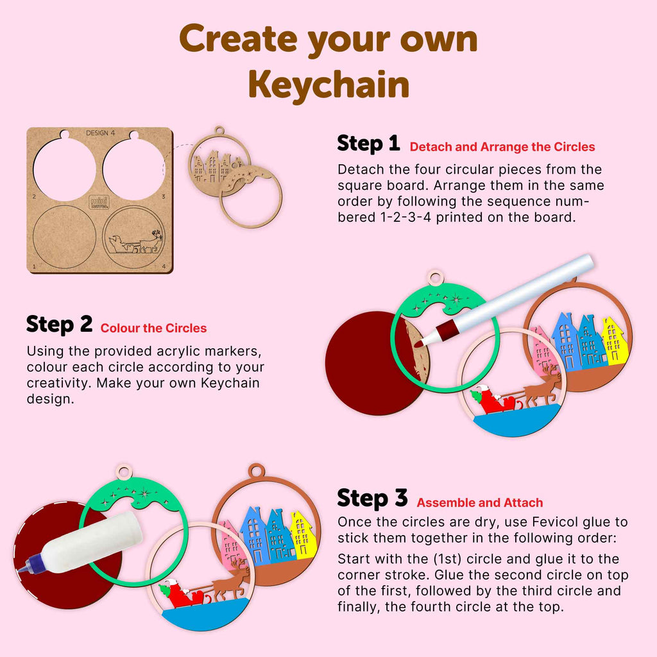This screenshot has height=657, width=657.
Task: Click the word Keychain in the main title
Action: (328, 85)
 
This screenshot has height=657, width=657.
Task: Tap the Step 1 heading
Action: (368, 144)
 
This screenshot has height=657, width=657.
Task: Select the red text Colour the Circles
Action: (153, 328)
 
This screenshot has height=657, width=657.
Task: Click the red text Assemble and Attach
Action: (480, 503)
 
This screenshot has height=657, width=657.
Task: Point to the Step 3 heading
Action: (372, 499)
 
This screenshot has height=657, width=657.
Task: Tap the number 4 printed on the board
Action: (164, 266)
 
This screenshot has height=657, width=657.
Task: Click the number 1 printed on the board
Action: (33, 266)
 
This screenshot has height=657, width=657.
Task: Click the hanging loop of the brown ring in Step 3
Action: (257, 470)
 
